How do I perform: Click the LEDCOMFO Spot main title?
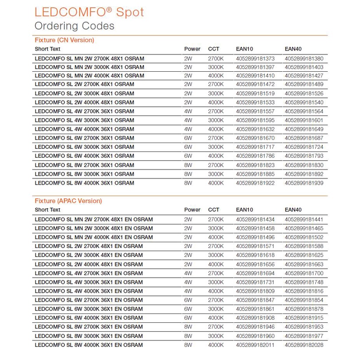[89, 12]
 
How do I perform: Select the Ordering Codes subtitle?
[74, 26]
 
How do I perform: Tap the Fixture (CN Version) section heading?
[64, 40]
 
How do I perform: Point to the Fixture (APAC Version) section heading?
[68, 201]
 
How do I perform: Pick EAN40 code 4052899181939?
[304, 183]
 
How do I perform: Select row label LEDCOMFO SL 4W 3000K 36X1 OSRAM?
[84, 120]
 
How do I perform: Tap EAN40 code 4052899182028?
[304, 345]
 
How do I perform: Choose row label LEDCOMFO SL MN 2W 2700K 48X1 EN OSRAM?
[94, 219]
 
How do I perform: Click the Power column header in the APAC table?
[192, 209]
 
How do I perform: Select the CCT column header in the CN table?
[213, 49]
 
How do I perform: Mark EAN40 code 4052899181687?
[304, 138]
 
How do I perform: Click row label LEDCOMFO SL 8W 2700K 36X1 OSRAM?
[84, 165]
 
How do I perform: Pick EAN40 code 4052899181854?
[304, 300]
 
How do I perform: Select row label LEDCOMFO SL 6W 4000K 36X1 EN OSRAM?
[89, 318]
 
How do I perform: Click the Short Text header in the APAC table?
[47, 209]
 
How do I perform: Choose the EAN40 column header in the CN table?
[293, 49]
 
